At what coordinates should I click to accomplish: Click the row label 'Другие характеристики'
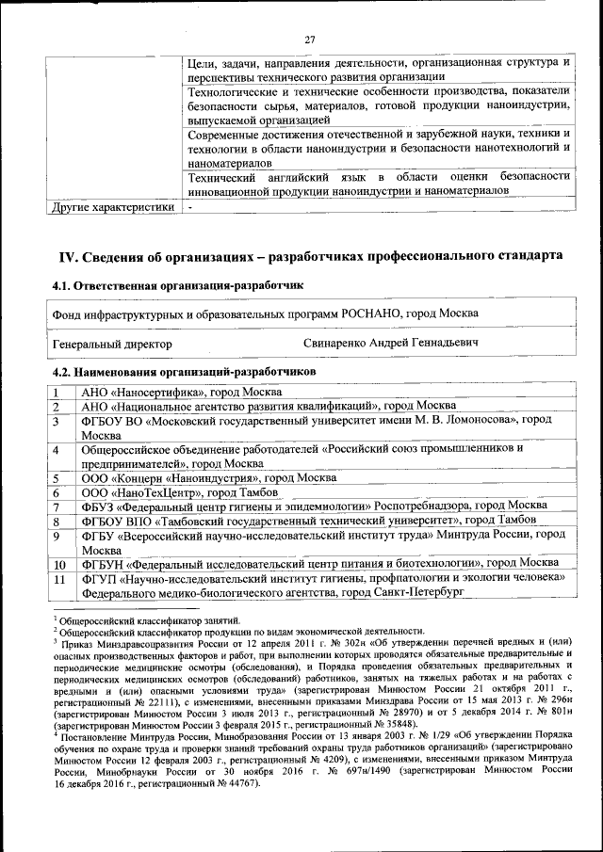point(113,206)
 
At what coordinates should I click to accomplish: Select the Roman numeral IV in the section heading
point(67,256)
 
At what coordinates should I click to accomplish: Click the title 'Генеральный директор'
point(112,344)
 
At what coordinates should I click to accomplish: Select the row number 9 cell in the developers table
point(57,536)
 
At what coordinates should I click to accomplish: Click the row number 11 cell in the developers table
point(59,579)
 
